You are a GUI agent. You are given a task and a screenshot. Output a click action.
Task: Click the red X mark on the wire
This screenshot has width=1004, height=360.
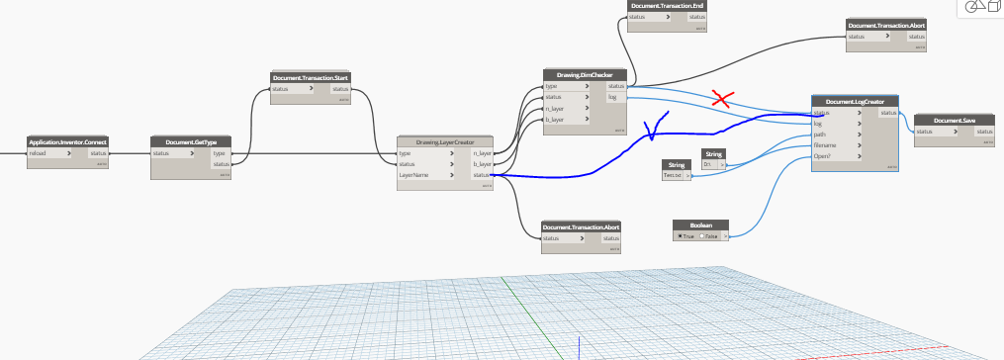coord(724,98)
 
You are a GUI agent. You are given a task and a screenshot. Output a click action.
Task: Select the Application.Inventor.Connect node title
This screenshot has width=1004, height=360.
coord(68,142)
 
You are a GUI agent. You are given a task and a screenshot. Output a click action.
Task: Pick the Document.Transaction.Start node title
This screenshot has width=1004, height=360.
coord(311,76)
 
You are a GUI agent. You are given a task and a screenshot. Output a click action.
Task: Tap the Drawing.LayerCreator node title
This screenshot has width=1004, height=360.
coord(445,141)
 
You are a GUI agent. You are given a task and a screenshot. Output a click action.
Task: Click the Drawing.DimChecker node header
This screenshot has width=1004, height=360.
coord(585,74)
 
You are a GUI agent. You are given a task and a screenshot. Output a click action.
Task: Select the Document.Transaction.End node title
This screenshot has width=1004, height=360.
coord(667,6)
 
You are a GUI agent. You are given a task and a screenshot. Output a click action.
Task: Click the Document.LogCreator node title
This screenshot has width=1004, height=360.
coord(855,101)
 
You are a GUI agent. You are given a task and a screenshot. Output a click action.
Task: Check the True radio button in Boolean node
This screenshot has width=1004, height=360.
coord(681,235)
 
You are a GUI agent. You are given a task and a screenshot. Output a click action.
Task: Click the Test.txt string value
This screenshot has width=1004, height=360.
coord(675,175)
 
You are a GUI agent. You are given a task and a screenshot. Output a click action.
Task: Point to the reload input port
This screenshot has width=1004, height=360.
coord(39,153)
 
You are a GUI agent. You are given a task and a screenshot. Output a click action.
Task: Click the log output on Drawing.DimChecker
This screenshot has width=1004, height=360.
coord(613,97)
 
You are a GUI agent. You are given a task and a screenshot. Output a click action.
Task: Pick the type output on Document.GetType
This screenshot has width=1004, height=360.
coord(220,153)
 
